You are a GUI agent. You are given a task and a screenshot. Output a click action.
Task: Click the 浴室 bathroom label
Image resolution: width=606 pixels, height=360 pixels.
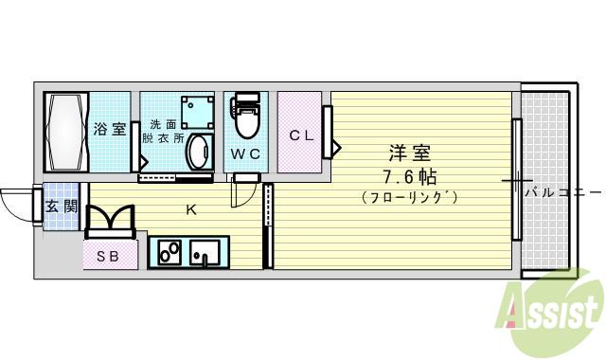coord(109,130)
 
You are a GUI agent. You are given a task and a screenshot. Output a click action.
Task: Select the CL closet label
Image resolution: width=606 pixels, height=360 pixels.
coord(301,135)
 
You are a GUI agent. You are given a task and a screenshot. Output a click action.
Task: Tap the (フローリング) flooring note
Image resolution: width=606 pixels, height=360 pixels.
coord(409,197)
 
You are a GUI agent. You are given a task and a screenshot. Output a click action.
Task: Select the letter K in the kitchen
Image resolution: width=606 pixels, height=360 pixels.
coord(190,209)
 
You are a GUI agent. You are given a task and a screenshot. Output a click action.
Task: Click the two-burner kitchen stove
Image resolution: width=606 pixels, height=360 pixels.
coord(170,253)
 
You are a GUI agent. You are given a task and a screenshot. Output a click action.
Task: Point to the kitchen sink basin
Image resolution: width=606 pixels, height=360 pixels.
coord(204,253)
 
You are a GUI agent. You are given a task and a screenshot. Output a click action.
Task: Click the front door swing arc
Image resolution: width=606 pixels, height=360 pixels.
coord(16,199)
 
